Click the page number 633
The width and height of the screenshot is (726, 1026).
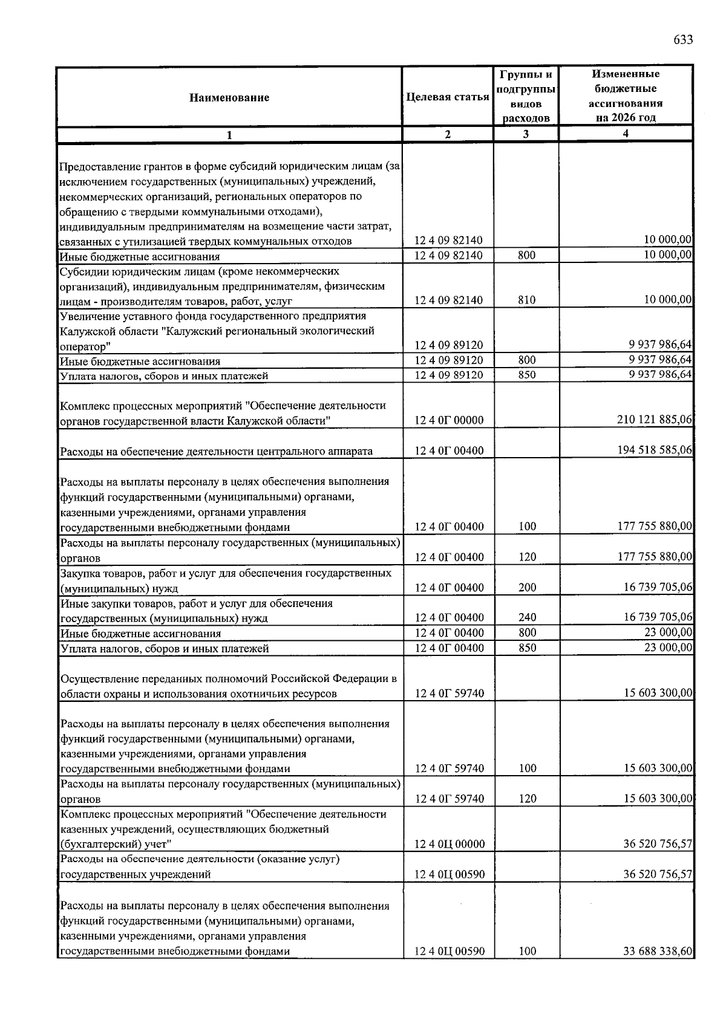(683, 41)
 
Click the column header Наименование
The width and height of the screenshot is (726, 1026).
(229, 97)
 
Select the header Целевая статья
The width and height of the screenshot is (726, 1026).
(448, 97)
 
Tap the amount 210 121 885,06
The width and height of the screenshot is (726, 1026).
(655, 420)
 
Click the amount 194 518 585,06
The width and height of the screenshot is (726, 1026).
(655, 450)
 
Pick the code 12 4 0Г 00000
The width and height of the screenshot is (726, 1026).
(449, 420)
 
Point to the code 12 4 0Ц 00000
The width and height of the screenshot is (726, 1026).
(449, 844)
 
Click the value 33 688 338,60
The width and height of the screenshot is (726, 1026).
(658, 951)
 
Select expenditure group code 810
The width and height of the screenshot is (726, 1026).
(526, 300)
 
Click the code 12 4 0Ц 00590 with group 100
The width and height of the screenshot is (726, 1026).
(449, 951)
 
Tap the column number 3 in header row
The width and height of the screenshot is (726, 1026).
(526, 134)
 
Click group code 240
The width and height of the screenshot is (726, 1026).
(527, 617)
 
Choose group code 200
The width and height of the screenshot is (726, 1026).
(527, 587)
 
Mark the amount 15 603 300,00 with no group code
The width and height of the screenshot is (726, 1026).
(658, 693)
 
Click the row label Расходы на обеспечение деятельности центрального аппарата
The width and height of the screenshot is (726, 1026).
(216, 451)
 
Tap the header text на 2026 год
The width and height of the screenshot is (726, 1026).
(625, 118)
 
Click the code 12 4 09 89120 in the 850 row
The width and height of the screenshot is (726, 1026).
(449, 375)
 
